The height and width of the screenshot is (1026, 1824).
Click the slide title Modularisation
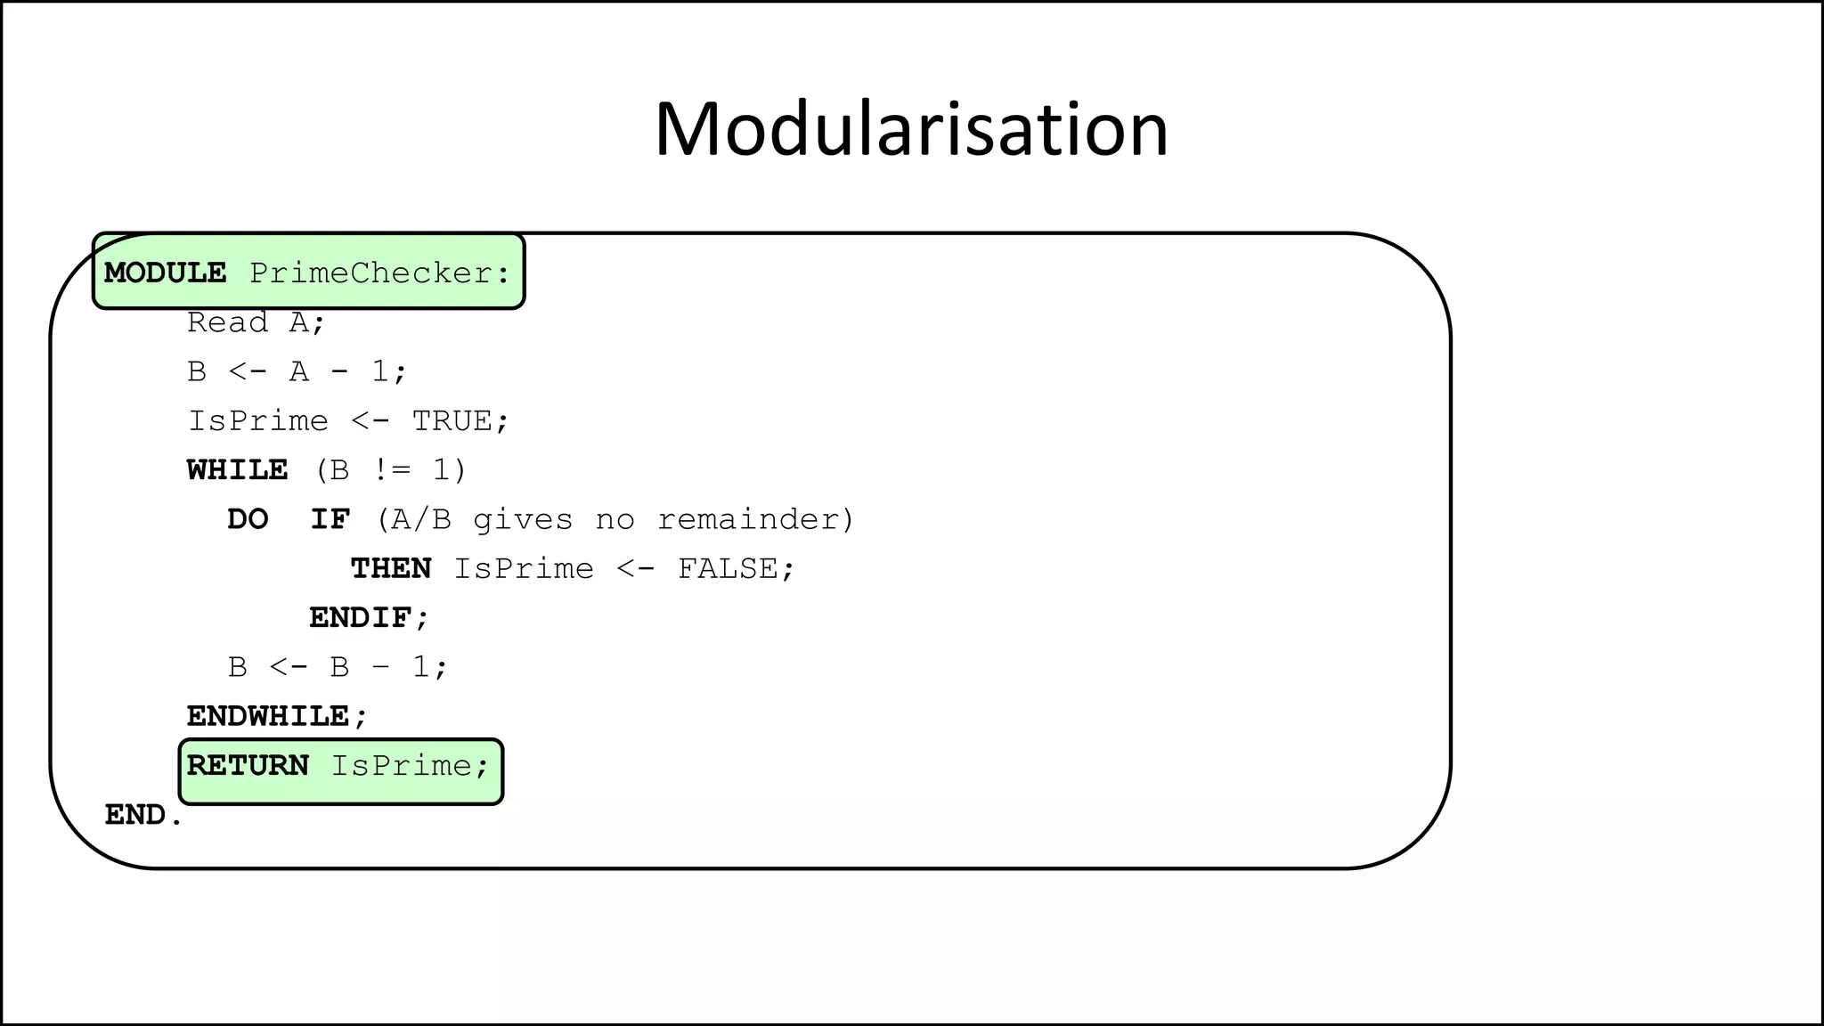[x=910, y=130]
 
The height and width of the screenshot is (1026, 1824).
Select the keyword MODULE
[x=165, y=273]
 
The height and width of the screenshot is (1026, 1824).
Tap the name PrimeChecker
[x=370, y=273]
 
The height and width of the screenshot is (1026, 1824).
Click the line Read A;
[x=256, y=322]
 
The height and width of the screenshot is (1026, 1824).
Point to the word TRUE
[x=452, y=420]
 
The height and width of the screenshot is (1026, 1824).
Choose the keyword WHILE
[x=237, y=469]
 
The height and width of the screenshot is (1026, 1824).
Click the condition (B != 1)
[x=390, y=469]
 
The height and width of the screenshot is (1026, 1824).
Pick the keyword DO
[x=248, y=519]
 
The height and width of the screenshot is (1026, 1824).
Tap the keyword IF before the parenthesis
[x=330, y=519]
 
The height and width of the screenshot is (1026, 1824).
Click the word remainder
[x=750, y=519]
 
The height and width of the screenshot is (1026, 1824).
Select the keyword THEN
[x=390, y=568]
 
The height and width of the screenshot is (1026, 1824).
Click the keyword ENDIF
[x=360, y=617]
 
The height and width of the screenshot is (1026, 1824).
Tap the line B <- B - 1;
[x=338, y=666]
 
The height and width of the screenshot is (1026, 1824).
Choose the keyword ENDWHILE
[x=268, y=716]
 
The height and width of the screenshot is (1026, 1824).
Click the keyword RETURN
[x=248, y=765]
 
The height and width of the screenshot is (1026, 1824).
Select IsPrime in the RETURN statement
[x=401, y=765]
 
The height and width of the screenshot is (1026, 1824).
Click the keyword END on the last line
[x=135, y=815]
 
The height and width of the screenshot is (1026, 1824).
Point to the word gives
[x=523, y=519]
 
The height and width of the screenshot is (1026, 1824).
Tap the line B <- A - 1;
[x=297, y=371]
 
